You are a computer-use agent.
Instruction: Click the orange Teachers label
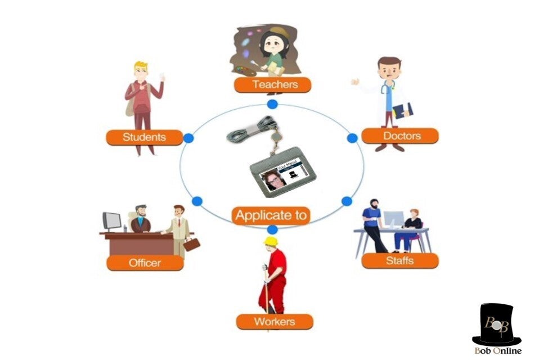coord(273,85)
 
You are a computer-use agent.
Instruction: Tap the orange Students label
coord(145,137)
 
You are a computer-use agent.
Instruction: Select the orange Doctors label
coord(400,136)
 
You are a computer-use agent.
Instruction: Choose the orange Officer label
coord(145,263)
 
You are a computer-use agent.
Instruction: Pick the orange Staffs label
coord(400,260)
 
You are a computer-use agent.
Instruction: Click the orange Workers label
coord(274,322)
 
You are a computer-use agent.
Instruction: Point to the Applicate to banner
coord(271,215)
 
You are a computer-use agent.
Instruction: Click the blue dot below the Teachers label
coord(272,104)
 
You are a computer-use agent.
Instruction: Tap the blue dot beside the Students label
coord(188,138)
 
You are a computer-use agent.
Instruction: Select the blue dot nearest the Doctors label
coord(352,138)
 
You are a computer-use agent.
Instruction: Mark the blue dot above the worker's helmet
coord(272,229)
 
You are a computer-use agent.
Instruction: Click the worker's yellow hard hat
coord(271,241)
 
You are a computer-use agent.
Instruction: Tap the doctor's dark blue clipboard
coord(403,110)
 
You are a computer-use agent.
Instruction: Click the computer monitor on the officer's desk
coord(112,220)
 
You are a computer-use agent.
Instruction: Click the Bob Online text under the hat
coord(497,351)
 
